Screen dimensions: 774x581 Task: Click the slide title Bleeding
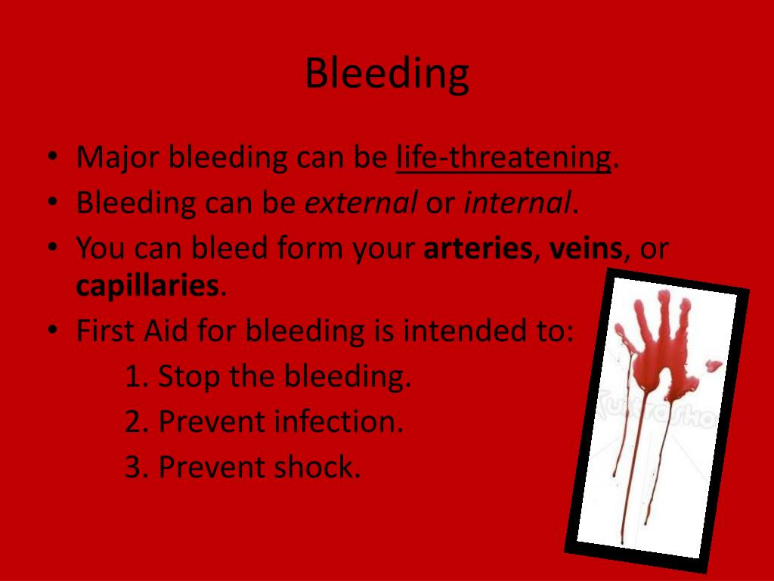(x=387, y=74)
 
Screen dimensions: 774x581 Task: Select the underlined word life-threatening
(x=503, y=158)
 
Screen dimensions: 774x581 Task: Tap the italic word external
(x=361, y=203)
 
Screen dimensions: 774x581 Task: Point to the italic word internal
(x=517, y=203)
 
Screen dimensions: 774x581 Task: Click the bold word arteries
(x=478, y=248)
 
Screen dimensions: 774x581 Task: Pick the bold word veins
(x=586, y=248)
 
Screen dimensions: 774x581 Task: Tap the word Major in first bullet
(x=117, y=158)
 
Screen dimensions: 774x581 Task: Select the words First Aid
(x=132, y=331)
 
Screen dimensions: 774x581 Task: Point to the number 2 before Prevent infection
(x=133, y=422)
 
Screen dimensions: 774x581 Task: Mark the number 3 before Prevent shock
(x=133, y=467)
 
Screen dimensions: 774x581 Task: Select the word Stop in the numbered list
(x=189, y=377)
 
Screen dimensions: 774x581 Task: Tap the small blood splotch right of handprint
(x=714, y=365)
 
